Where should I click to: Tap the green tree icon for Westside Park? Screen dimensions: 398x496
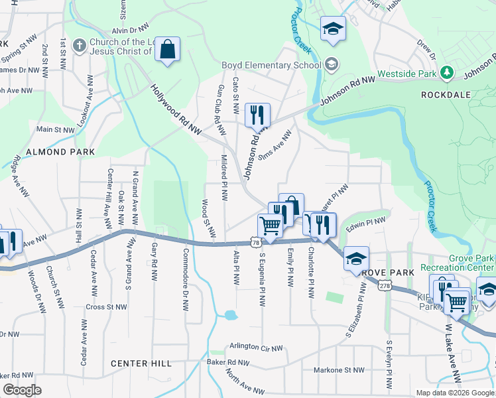[448, 72]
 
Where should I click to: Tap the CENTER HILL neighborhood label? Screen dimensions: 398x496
[141, 364]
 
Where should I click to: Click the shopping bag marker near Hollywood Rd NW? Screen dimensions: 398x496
[168, 50]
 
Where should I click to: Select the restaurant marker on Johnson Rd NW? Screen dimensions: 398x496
[257, 115]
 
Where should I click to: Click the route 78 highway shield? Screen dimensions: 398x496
[256, 243]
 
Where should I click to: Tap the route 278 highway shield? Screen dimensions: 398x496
[385, 285]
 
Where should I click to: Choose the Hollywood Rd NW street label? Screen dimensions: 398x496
[175, 110]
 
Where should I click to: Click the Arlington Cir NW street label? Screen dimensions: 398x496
[255, 347]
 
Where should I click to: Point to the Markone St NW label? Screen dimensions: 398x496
[339, 370]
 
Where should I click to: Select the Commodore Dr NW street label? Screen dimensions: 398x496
[185, 271]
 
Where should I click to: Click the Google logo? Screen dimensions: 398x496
[23, 390]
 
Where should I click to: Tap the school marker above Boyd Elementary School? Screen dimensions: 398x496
[333, 29]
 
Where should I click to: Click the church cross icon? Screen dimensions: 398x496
[79, 46]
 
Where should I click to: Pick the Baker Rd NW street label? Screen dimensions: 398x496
[227, 363]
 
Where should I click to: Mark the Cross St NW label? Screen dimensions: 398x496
[106, 307]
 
